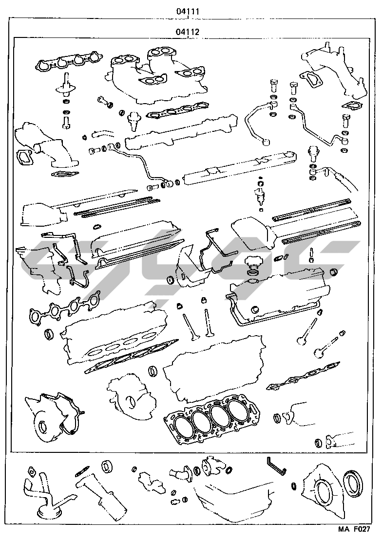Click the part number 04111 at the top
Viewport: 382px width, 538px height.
[188, 11]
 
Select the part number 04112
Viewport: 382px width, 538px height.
[188, 32]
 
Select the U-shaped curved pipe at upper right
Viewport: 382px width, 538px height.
[257, 123]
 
